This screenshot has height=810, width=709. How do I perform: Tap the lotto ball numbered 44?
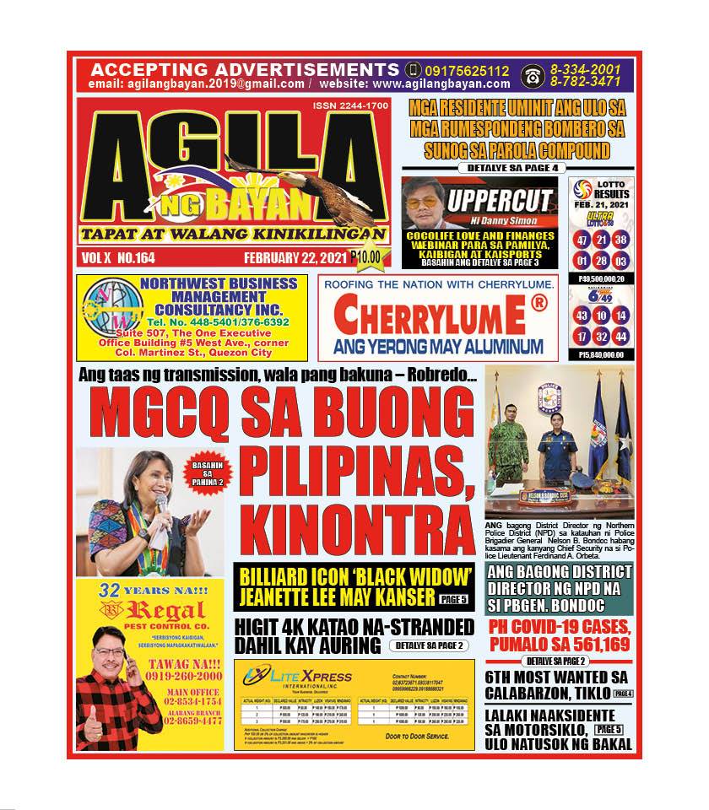pyautogui.click(x=622, y=336)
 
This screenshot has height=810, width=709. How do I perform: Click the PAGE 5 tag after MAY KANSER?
pyautogui.click(x=457, y=600)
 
